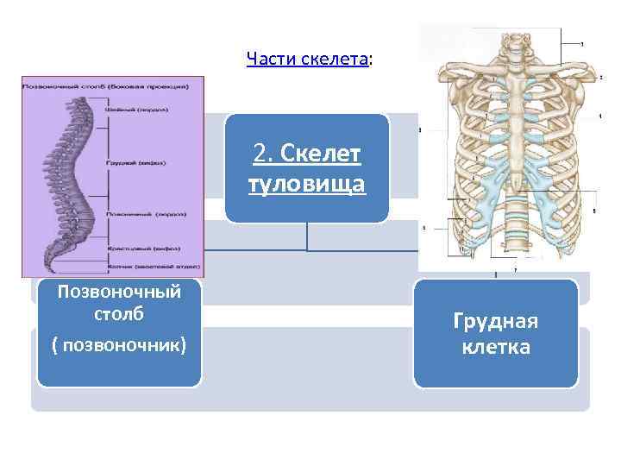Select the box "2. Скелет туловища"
click(307, 168)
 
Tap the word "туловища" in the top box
click(307, 185)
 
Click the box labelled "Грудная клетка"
click(496, 334)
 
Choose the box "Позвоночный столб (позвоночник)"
click(119, 332)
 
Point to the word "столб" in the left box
click(119, 312)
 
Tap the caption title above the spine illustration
click(112, 87)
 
